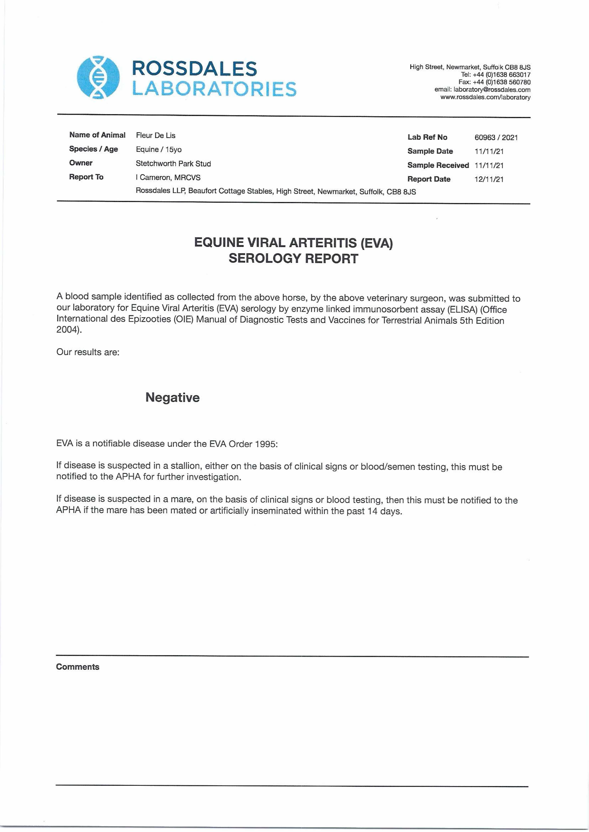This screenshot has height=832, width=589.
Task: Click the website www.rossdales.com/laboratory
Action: [x=485, y=97]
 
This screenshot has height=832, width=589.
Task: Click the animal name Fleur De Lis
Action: [x=156, y=136]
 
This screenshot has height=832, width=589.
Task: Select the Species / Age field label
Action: [x=94, y=149]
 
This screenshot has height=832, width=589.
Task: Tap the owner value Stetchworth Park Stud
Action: [x=173, y=164]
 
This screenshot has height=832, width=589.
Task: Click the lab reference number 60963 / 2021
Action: [x=496, y=137]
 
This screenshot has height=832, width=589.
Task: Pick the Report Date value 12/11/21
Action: [x=489, y=179]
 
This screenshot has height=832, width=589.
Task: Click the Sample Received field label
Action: [x=438, y=165]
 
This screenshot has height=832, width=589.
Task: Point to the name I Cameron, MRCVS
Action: [x=168, y=178]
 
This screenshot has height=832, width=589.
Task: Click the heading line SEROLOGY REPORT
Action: [x=293, y=258]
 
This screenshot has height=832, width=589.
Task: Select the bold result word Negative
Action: [x=172, y=397]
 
